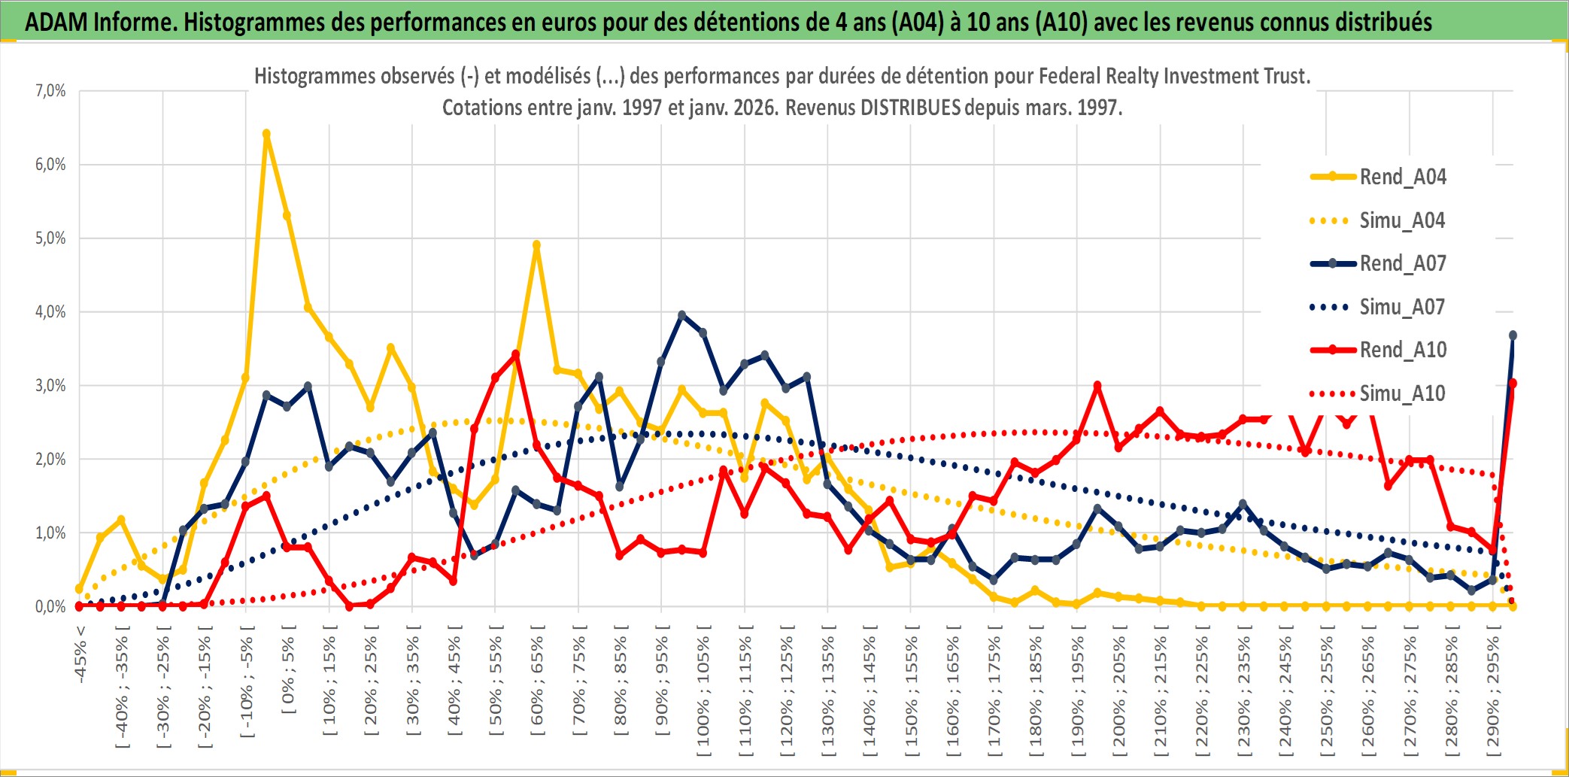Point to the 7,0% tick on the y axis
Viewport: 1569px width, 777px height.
click(x=50, y=91)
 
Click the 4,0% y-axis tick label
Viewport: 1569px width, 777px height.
click(x=50, y=311)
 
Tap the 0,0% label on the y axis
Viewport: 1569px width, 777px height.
click(x=50, y=606)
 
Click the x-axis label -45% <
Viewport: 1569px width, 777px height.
click(x=80, y=654)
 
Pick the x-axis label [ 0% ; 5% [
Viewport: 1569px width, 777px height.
click(x=288, y=669)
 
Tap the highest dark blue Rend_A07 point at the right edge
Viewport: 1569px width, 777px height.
click(x=1513, y=335)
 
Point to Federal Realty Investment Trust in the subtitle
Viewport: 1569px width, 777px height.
click(x=1173, y=76)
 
